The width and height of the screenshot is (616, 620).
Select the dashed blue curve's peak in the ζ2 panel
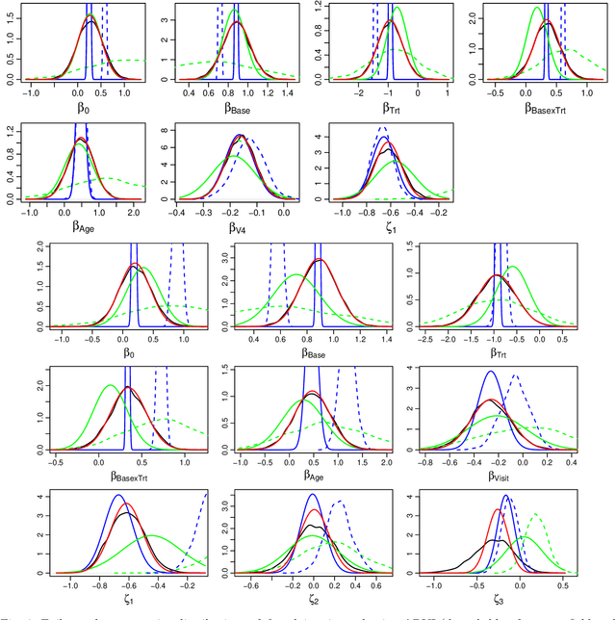click(339, 502)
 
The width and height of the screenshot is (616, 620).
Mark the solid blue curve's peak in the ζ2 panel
click(313, 495)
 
